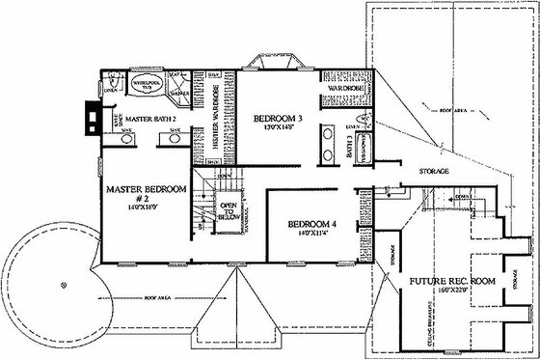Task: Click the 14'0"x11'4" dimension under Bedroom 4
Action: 310,234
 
